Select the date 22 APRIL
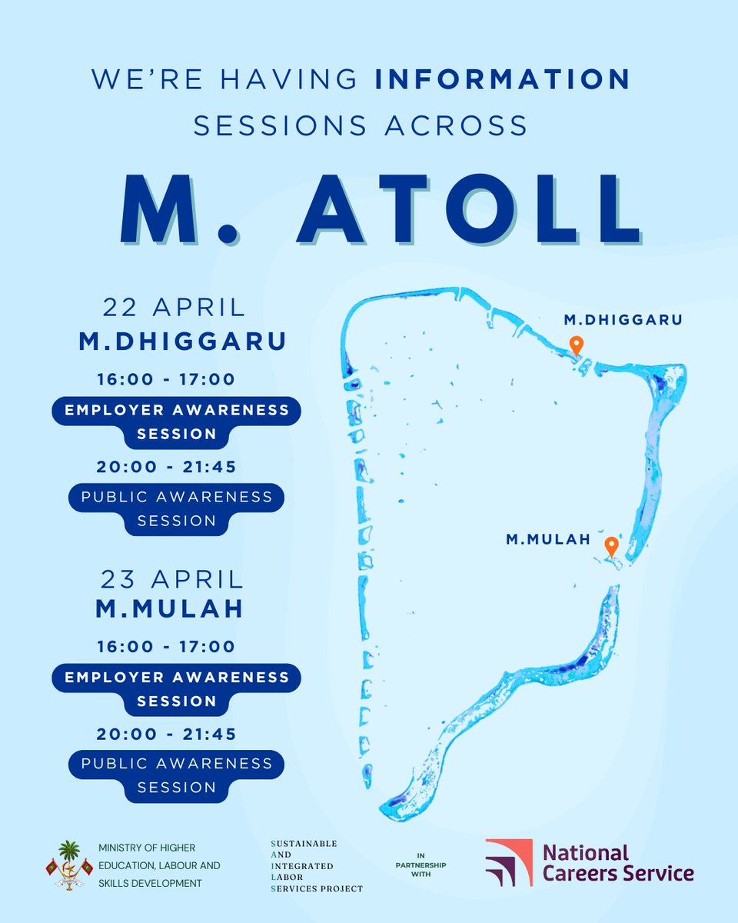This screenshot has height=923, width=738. coord(175,308)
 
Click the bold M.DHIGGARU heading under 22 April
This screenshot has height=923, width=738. coord(183,342)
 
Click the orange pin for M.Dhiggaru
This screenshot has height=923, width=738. coord(575,345)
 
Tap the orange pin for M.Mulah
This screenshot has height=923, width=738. coord(611,546)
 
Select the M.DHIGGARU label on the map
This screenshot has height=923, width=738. coord(623,319)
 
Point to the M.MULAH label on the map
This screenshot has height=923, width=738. coord(548,540)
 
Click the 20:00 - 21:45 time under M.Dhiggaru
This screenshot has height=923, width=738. coord(166,466)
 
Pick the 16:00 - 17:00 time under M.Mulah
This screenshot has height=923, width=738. coord(166,647)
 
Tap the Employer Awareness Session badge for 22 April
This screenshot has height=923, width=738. coord(177,422)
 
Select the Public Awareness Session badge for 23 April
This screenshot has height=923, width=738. coord(177,775)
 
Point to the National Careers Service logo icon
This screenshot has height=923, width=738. coord(508,861)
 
